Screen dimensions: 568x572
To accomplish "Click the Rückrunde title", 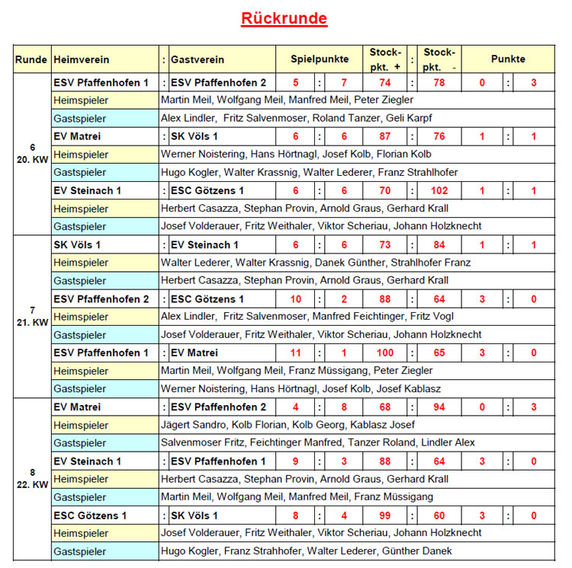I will click(x=284, y=18).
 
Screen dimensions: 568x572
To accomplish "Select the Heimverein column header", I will click(x=82, y=59).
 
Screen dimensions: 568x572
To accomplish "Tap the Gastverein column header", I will click(x=198, y=59).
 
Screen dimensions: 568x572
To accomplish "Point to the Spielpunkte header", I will click(x=320, y=59).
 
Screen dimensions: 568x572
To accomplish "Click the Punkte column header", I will click(x=508, y=59).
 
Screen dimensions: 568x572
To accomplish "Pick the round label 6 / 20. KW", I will click(x=32, y=153).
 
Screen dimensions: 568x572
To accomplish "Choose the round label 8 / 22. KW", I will click(x=32, y=478).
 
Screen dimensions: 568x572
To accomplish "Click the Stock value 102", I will click(x=439, y=190).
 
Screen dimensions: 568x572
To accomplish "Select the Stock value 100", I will click(x=385, y=353).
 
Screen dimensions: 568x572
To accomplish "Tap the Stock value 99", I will click(x=385, y=515).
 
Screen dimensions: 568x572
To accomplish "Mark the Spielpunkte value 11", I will click(x=296, y=353).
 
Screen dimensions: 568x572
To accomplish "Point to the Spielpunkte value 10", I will click(x=296, y=299).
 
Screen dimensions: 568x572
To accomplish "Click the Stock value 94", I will click(x=439, y=407).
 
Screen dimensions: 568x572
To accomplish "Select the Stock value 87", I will click(x=385, y=136).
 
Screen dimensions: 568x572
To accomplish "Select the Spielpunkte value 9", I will click(x=296, y=461).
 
